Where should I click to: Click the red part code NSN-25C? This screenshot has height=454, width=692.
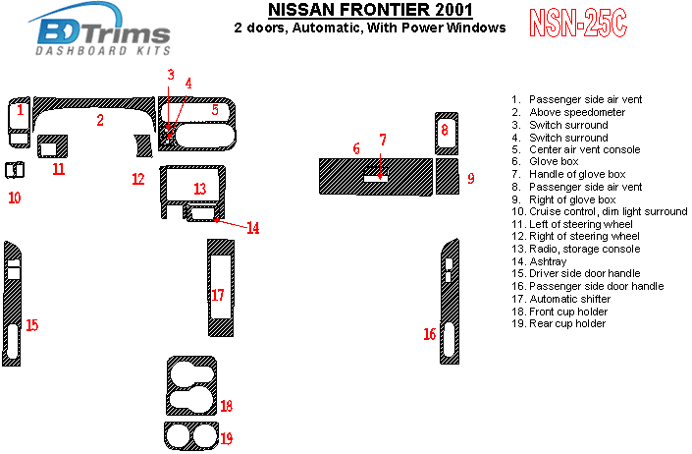coord(577,23)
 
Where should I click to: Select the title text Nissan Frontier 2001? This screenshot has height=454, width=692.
coord(354,11)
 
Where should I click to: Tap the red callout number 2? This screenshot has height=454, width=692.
coord(100,121)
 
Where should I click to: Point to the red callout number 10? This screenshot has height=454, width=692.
coord(14,198)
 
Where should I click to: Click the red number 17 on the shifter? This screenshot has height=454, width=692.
coord(218,294)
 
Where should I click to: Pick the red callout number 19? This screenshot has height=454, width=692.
coord(227,438)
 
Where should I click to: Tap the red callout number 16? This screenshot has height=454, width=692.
coord(429,335)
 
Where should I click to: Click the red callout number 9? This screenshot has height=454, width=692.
coord(471,178)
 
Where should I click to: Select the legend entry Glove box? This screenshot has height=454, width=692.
coord(554,162)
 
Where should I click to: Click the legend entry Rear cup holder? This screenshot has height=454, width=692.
coord(567,323)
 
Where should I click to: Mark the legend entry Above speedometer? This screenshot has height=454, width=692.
coord(575,113)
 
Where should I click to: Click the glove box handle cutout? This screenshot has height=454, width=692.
coord(375,178)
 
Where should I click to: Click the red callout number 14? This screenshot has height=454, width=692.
coord(253,228)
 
